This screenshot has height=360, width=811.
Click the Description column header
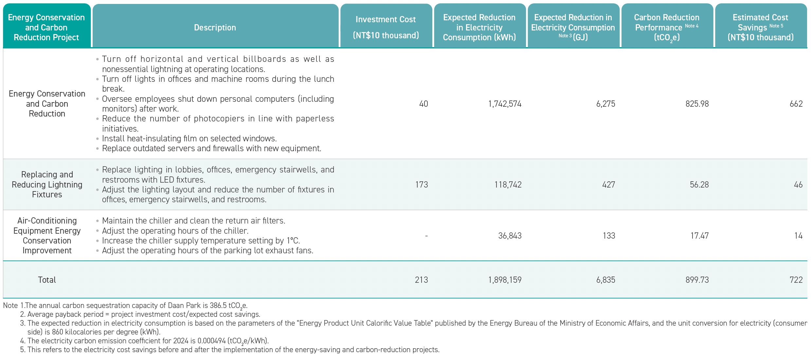tap(215, 27)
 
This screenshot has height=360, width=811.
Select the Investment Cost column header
tap(386, 27)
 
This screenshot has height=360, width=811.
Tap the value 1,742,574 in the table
tap(505, 104)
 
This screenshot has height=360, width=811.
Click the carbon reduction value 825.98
tap(697, 104)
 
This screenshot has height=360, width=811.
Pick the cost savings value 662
tap(796, 104)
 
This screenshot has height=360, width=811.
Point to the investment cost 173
tap(422, 185)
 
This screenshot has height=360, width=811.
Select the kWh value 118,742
tap(508, 185)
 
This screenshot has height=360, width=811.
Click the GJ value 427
tap(609, 185)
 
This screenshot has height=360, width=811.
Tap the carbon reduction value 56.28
tap(699, 185)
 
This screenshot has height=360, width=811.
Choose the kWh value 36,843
tap(510, 236)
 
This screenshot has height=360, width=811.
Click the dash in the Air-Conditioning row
tap(426, 236)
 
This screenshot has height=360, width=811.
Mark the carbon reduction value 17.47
tap(700, 236)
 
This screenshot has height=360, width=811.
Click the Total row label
tap(47, 280)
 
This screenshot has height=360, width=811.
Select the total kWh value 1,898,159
tap(505, 280)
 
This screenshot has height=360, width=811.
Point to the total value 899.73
tap(697, 280)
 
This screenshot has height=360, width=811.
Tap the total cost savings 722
tap(796, 280)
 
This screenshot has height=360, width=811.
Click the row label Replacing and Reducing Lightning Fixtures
tap(47, 185)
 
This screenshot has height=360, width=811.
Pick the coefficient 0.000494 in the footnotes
tap(211, 341)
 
